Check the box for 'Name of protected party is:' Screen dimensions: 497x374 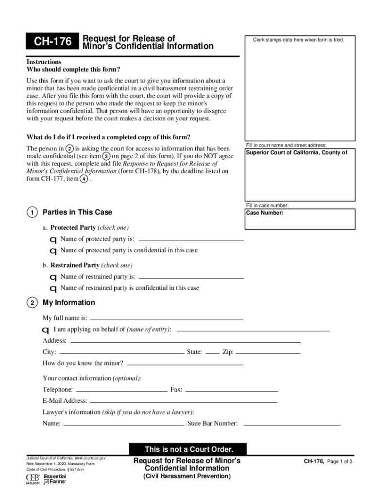coord(53,240)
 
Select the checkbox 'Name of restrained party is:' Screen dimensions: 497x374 coord(53,277)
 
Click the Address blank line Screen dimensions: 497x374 coord(185,341)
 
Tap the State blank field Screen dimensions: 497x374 coord(212,353)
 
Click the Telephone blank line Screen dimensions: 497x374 coord(121,390)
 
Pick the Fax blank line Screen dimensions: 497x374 coord(231,390)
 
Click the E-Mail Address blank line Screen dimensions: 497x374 coord(184,401)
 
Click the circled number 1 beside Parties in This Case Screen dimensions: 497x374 coord(32,213)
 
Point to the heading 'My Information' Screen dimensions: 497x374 coord(69,303)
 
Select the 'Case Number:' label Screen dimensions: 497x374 coord(265,213)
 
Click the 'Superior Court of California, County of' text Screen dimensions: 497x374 coord(296,153)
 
